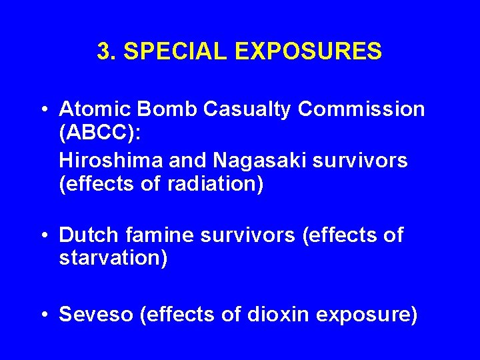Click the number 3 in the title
[x=103, y=51]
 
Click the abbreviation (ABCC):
[x=100, y=133]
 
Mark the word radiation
[x=212, y=185]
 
